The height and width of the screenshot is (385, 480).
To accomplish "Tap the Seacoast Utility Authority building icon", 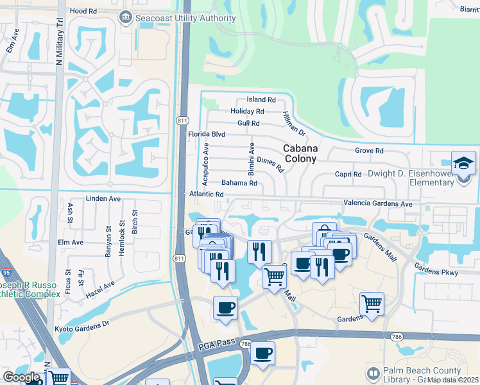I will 126,18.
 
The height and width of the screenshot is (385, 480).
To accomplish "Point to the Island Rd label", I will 261,100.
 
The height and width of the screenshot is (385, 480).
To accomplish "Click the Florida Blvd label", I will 206,135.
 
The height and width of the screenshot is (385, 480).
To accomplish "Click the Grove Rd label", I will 369,151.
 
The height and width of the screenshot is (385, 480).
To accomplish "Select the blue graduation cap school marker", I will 463,163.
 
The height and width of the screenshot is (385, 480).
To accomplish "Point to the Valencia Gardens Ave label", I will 379,203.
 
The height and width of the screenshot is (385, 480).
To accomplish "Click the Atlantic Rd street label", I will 206,194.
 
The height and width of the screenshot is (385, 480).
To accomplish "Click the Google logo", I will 21,377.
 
